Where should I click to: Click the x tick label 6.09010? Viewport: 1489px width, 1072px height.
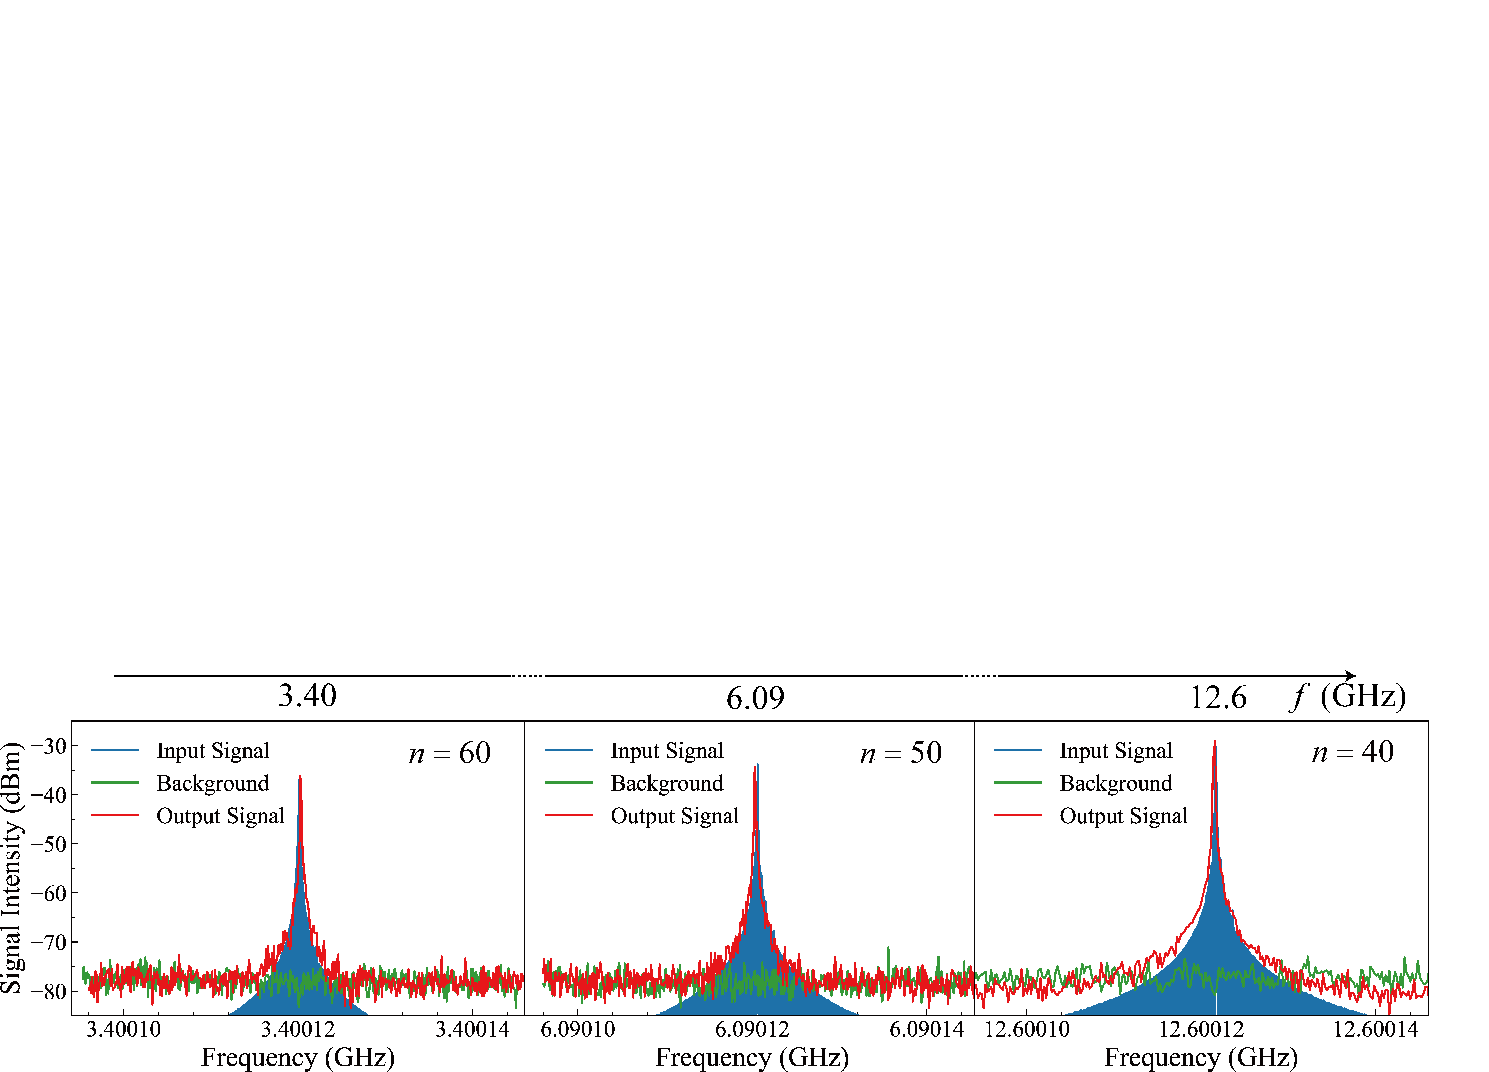pyautogui.click(x=578, y=1029)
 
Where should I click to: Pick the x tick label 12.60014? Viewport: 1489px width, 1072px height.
pyautogui.click(x=1376, y=1029)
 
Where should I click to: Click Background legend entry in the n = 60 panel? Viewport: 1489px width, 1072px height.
pyautogui.click(x=180, y=783)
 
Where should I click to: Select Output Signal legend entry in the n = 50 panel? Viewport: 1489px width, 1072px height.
pyautogui.click(x=642, y=816)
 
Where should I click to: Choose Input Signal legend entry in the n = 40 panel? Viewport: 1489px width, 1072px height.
pyautogui.click(x=1083, y=750)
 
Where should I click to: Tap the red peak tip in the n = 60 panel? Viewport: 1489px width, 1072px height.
pyautogui.click(x=300, y=777)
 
